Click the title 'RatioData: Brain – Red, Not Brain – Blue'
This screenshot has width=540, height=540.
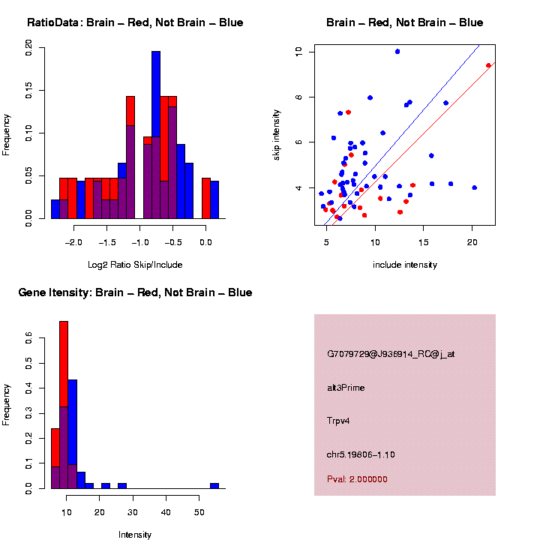135,22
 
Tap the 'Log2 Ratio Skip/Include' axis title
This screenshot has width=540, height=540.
134,265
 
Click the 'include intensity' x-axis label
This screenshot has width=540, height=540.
405,265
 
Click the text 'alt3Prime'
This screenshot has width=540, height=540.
346,388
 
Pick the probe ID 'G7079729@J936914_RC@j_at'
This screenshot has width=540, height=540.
390,354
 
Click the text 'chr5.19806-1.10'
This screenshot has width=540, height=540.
361,454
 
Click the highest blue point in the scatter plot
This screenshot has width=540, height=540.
397,52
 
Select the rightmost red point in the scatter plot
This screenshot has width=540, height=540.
488,65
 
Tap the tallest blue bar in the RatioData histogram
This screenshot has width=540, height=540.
156,135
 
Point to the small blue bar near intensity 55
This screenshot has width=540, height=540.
214,485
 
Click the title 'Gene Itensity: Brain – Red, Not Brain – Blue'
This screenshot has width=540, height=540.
135,292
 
